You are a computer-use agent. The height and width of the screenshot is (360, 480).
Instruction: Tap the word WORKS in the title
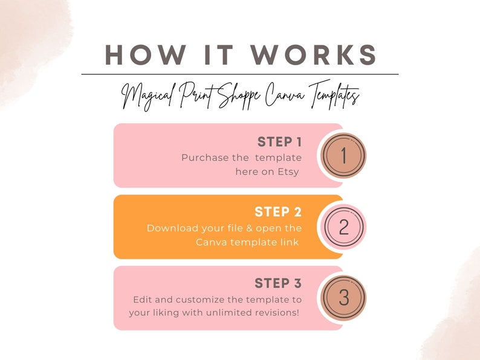click(x=314, y=55)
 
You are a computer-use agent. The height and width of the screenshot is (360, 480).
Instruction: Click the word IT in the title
click(x=219, y=55)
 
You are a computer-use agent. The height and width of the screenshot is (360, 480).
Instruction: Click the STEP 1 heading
click(x=279, y=142)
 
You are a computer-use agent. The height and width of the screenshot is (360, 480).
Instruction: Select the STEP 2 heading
click(x=278, y=212)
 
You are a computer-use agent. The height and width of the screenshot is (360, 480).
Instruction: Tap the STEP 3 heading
click(x=278, y=283)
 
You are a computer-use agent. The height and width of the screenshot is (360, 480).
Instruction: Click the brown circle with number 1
click(x=343, y=155)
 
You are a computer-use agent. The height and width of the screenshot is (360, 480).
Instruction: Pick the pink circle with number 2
click(x=344, y=227)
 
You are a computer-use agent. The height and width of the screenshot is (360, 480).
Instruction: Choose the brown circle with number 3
click(x=343, y=298)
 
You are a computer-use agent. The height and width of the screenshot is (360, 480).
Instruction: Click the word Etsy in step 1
click(x=288, y=172)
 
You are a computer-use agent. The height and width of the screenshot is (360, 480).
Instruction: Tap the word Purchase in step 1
click(x=205, y=158)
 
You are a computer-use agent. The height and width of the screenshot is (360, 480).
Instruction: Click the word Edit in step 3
click(x=142, y=300)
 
